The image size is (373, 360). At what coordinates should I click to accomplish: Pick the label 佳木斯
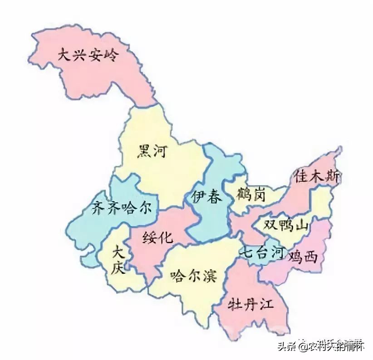click(316, 175)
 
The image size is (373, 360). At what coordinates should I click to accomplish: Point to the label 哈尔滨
click(193, 275)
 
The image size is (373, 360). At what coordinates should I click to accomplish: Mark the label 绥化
click(157, 237)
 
